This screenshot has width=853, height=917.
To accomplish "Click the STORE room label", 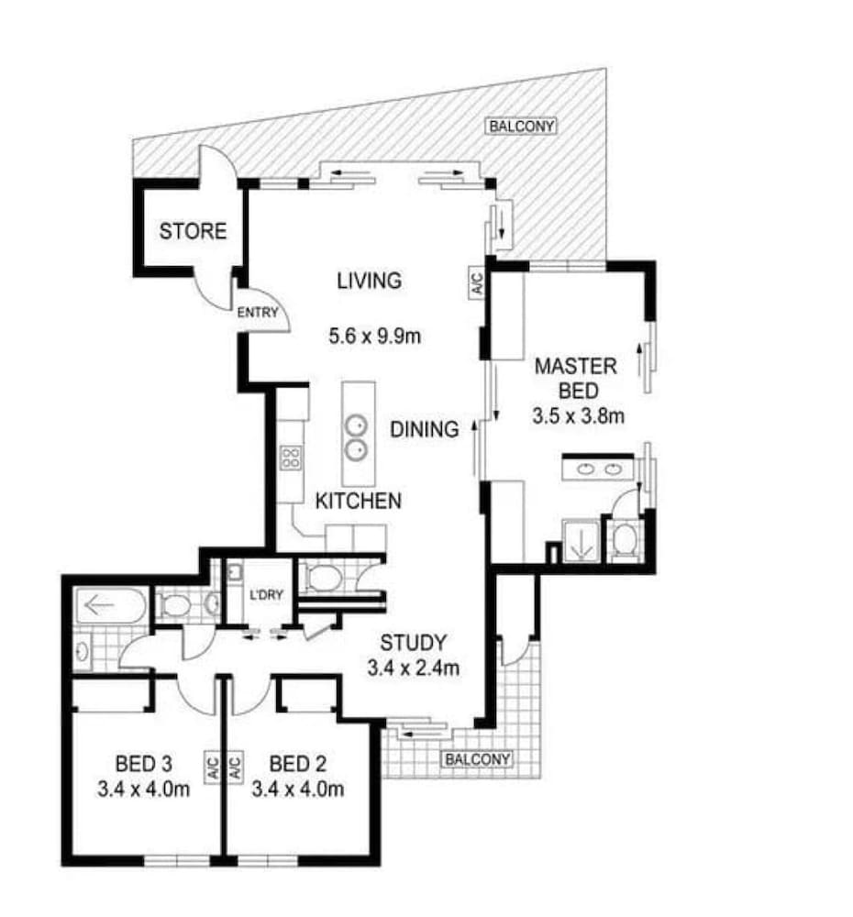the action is tap(193, 231).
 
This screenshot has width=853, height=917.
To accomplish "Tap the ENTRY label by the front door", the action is tap(258, 313).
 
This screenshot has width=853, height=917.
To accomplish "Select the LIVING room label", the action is tap(369, 281).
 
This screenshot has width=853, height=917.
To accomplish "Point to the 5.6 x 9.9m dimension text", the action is tap(374, 337).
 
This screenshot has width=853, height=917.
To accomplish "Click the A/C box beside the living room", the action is tap(477, 283).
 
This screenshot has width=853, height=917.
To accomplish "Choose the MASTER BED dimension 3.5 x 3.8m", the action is tap(578, 415).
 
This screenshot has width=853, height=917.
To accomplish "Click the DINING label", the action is tap(424, 429).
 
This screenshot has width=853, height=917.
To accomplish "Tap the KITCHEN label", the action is tap(358, 501).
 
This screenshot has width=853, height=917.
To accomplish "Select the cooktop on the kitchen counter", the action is tap(291, 458).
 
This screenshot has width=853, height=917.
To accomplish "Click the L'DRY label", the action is tap(266, 595).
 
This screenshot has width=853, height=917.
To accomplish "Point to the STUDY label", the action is tap(413, 643).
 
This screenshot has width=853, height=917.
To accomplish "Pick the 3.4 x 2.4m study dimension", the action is tap(413, 668).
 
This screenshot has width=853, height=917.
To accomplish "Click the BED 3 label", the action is tap(143, 764).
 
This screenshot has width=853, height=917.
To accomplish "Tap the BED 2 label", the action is tap(298, 764).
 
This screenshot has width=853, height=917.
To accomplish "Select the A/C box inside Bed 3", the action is tap(213, 768).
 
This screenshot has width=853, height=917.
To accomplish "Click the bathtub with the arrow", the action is tap(111, 605).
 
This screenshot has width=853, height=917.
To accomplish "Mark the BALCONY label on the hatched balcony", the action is tap(521, 126).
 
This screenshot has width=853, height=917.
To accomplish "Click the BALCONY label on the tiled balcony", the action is tap(477, 759).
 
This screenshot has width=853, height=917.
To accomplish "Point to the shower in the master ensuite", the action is tap(581, 541).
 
